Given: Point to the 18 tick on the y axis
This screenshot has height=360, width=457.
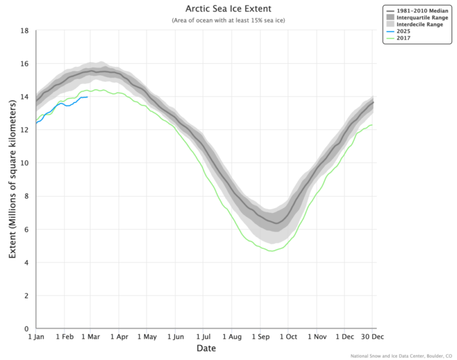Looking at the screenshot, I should pyautogui.click(x=25, y=30).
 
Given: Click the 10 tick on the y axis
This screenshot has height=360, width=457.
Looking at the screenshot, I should pyautogui.click(x=25, y=163).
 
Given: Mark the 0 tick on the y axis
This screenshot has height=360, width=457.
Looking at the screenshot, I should pyautogui.click(x=27, y=329).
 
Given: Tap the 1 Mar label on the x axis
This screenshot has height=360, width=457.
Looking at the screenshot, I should pyautogui.click(x=91, y=337).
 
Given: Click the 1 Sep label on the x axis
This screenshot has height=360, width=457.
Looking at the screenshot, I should pyautogui.click(x=260, y=337).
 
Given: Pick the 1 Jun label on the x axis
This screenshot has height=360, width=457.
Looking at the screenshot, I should pyautogui.click(x=175, y=337).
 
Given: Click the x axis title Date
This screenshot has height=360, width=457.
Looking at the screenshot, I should pyautogui.click(x=206, y=349).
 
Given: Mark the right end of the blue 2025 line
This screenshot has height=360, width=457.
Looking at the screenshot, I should pyautogui.click(x=88, y=97).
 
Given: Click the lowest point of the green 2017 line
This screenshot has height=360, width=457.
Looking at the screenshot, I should pyautogui.click(x=270, y=251).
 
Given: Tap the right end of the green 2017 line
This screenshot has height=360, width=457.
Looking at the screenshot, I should pyautogui.click(x=372, y=125).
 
